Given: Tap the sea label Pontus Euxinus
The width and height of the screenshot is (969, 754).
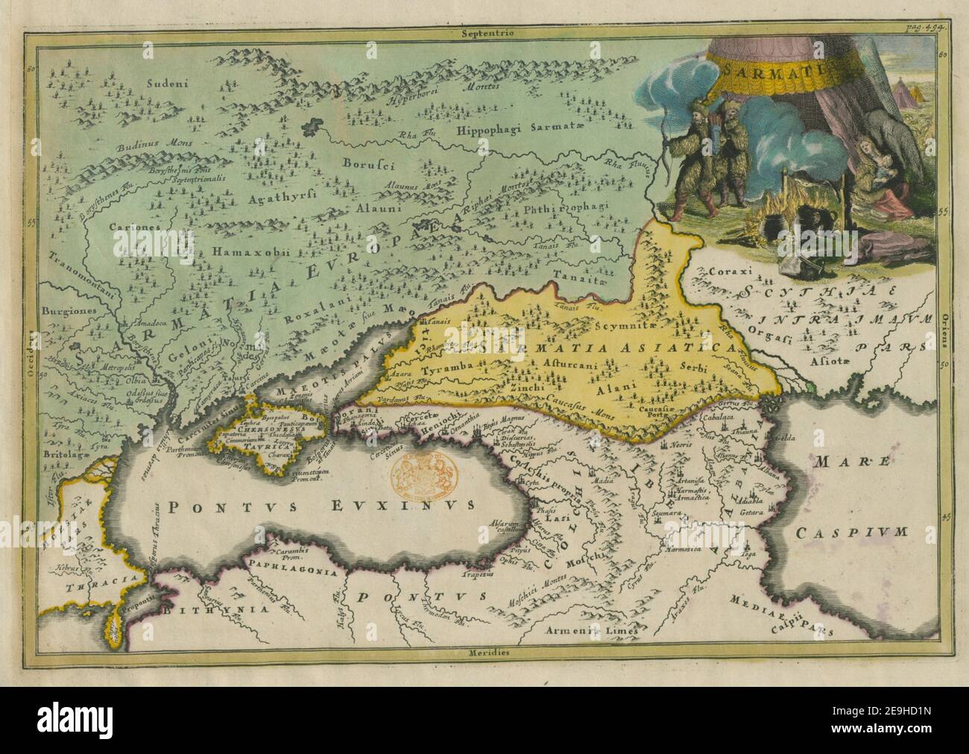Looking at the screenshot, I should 321,506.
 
